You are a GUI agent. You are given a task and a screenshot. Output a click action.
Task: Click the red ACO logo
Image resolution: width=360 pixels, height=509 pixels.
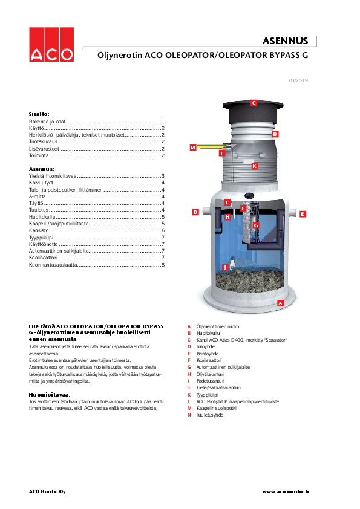tap(51, 45)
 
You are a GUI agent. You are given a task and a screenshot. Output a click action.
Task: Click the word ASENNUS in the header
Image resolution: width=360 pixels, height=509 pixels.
tap(285, 41)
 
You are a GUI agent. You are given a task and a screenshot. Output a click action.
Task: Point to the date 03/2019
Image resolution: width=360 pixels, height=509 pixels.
tap(298, 80)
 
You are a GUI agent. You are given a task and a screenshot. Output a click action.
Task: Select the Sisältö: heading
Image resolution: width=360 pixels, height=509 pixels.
tap(39, 114)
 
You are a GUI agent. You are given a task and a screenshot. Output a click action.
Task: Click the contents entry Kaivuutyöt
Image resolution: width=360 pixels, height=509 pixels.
tap(41, 183)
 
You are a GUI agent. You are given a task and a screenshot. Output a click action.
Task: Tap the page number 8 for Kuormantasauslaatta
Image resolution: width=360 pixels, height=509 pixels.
tap(163, 265)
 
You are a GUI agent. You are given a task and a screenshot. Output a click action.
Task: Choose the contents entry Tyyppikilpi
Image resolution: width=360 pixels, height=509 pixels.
tap(41, 238)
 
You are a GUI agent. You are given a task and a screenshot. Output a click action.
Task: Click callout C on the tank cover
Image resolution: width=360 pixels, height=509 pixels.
tap(254, 103)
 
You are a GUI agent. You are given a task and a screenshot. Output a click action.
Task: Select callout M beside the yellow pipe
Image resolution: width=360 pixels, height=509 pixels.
tap(192, 148)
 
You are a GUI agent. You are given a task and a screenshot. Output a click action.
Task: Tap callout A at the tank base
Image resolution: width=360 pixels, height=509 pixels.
tap(280, 303)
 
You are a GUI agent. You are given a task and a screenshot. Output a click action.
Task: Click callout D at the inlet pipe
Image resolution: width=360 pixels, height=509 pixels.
tap(195, 212)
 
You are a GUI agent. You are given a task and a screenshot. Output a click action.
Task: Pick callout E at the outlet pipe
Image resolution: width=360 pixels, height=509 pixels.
tap(303, 214)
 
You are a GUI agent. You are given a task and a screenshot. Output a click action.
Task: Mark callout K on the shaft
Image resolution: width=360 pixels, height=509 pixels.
tap(254, 166)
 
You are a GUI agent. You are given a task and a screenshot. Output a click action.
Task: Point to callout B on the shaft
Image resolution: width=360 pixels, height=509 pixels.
tap(275, 134)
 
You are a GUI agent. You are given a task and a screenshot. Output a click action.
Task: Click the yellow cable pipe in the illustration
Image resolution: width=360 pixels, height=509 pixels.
tap(212, 147)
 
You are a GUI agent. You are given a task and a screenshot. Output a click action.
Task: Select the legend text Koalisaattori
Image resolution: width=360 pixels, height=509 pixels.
tap(209, 360)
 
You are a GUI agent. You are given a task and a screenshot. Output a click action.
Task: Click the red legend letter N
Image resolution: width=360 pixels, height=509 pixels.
tap(189, 415)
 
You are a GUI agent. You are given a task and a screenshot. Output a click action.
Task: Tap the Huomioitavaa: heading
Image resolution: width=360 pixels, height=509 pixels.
tap(50, 395)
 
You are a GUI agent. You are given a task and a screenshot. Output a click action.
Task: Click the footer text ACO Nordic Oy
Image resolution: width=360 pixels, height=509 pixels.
tap(47, 491)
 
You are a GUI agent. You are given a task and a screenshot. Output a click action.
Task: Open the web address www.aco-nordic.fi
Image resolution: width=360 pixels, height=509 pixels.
tap(286, 491)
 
